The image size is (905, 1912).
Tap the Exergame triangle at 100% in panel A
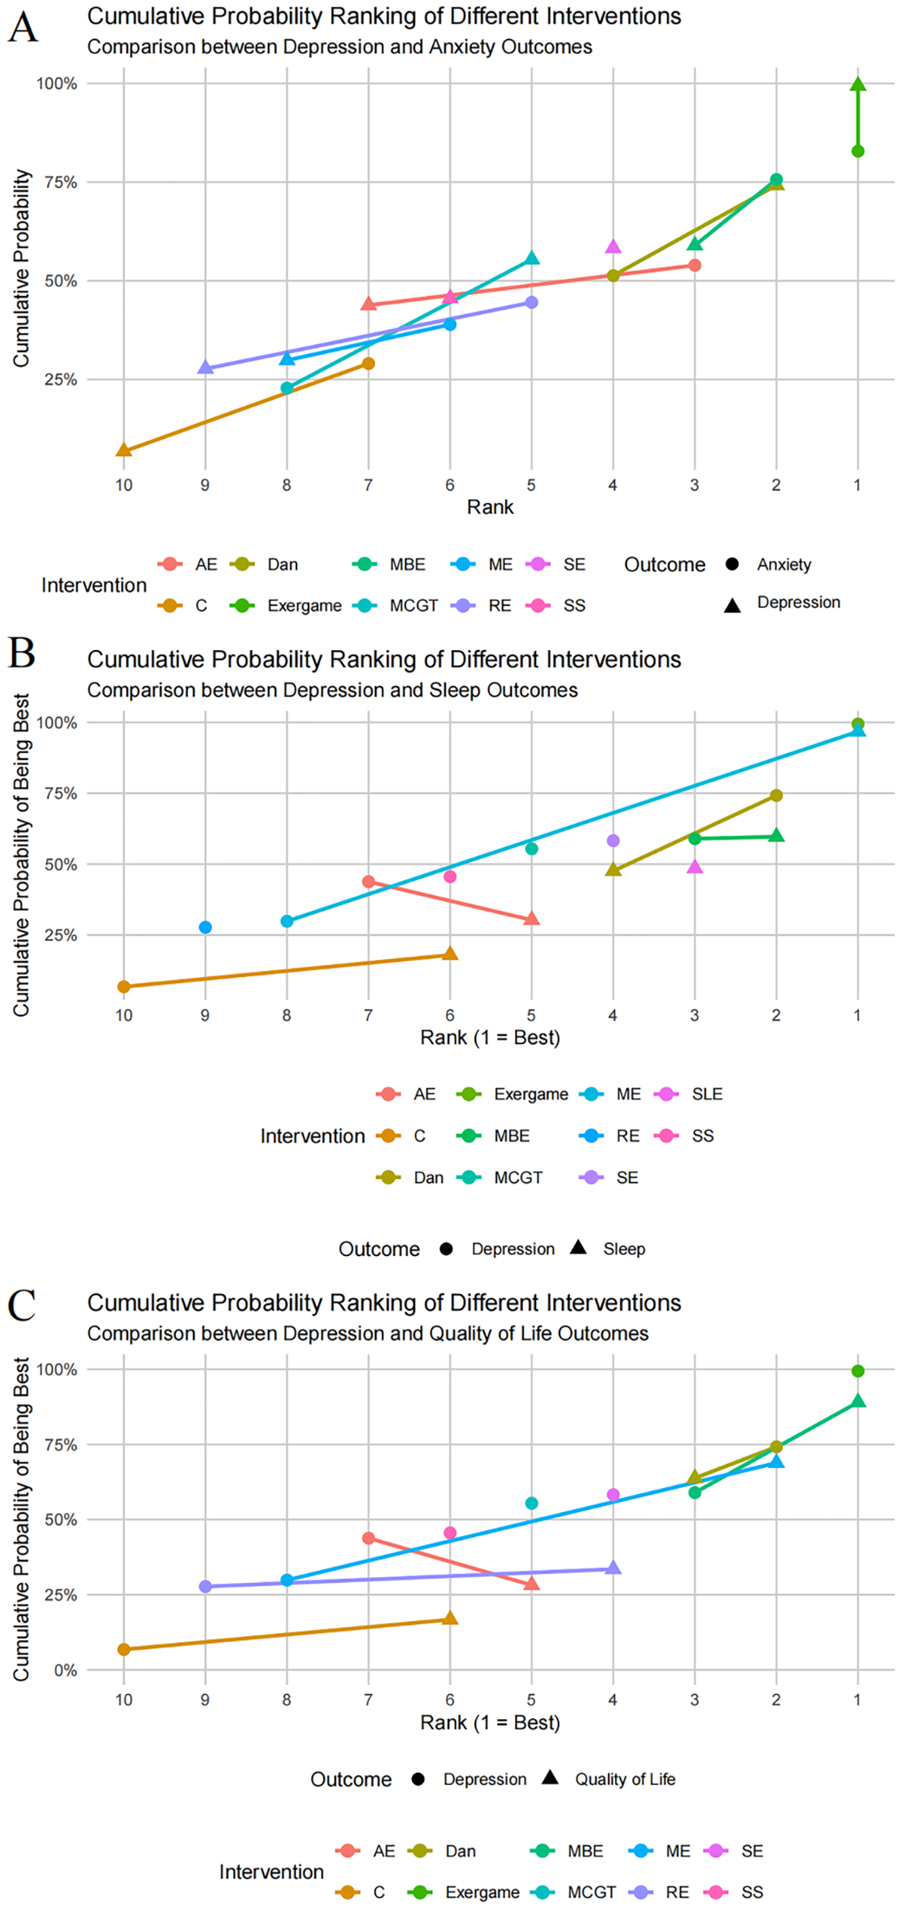[857, 84]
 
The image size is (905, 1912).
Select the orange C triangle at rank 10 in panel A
[124, 450]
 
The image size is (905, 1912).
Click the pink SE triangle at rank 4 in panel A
[613, 247]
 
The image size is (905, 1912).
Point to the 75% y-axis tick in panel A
[56, 183]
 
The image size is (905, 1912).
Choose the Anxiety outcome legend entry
[783, 564]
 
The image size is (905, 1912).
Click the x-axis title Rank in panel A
[490, 507]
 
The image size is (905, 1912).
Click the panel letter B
[22, 653]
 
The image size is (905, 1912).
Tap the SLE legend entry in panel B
[706, 1094]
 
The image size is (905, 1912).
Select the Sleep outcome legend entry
[624, 1249]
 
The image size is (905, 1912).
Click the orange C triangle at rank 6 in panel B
[450, 954]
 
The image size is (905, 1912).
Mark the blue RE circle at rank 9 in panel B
[205, 927]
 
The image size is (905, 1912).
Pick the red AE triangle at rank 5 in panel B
[532, 918]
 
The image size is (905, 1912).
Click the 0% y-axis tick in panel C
[66, 1671]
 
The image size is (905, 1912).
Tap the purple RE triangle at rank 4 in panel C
[613, 1568]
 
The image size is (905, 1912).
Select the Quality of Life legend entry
[624, 1779]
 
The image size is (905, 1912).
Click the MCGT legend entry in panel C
[591, 1892]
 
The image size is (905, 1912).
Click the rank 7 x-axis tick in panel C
[368, 1700]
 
